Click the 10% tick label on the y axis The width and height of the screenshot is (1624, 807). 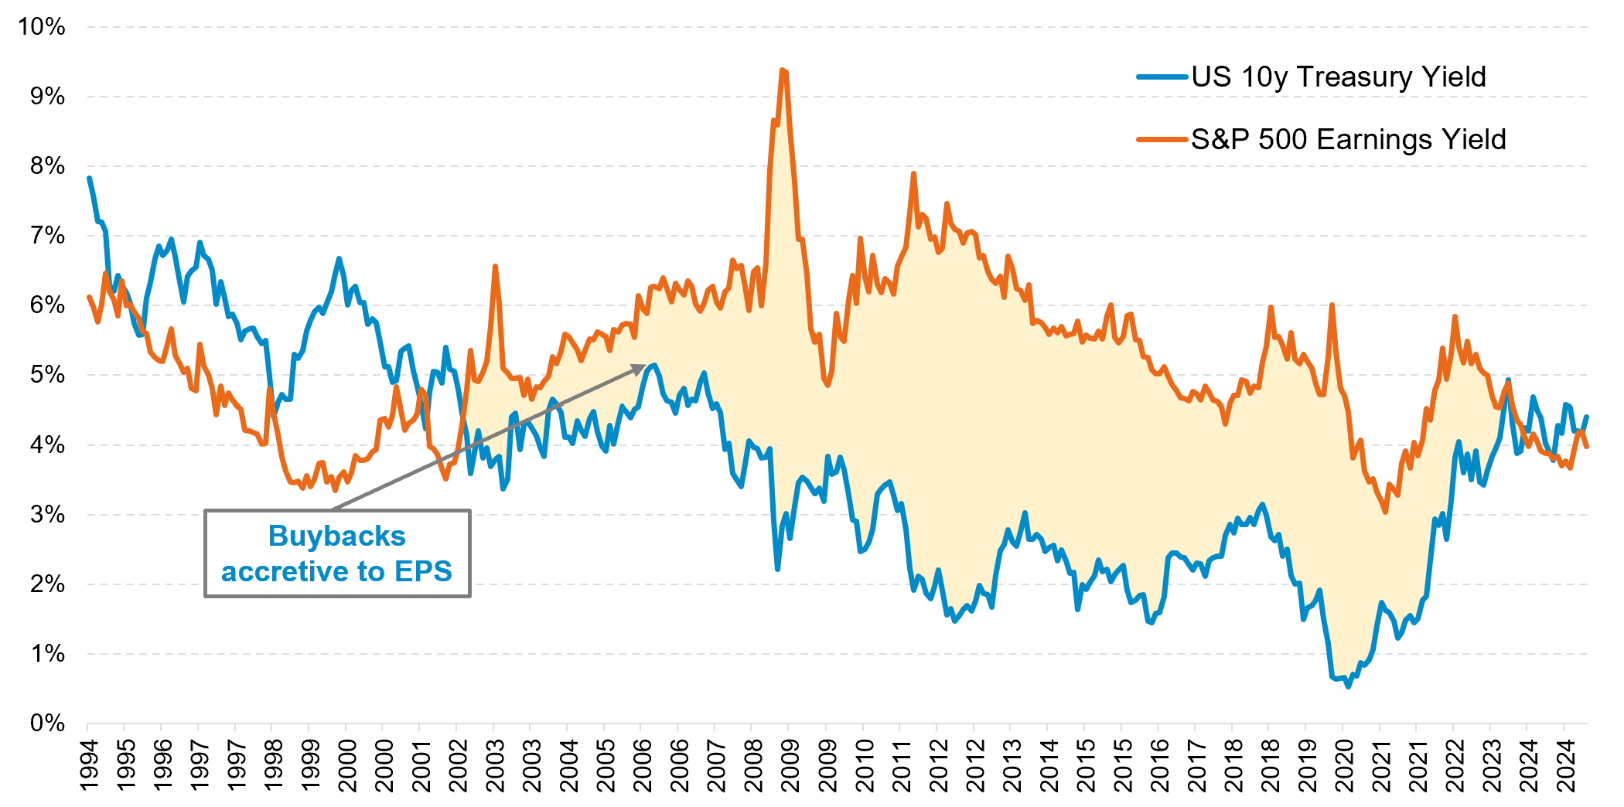tap(42, 27)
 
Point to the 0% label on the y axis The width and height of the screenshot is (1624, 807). tap(47, 724)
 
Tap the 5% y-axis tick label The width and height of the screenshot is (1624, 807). tap(47, 375)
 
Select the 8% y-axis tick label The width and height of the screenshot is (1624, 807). tap(47, 166)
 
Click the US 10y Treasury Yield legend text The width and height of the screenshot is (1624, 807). tap(1338, 77)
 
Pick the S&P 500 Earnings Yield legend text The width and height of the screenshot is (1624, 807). tap(1348, 140)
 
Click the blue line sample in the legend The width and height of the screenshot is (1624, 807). tap(1162, 77)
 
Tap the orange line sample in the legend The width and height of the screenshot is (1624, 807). tap(1162, 140)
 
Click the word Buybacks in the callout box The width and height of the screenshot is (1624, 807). tap(336, 536)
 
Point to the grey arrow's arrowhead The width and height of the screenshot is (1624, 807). tap(641, 369)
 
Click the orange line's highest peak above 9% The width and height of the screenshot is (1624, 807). tap(783, 70)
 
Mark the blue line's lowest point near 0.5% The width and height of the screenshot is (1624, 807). tap(1348, 686)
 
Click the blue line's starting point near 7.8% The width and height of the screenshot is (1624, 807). tap(89, 179)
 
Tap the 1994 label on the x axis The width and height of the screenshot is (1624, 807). tap(89, 765)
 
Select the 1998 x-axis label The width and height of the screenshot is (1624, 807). tap(273, 765)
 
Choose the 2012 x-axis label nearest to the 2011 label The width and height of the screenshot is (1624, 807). tap(937, 765)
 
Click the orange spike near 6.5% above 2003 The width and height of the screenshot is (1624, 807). tap(495, 267)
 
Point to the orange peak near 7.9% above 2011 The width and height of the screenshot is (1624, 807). tap(913, 174)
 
